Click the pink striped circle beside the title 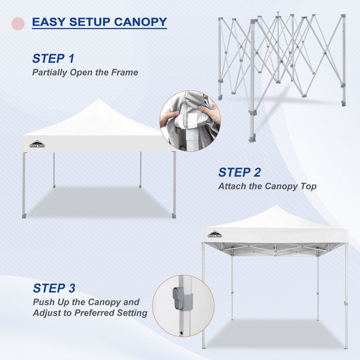[18, 23]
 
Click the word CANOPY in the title [140, 22]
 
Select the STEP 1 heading [53, 58]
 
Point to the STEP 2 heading [240, 172]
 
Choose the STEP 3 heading [54, 288]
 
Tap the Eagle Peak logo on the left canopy [37, 144]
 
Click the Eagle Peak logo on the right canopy [215, 234]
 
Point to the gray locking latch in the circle [179, 298]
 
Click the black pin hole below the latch [181, 333]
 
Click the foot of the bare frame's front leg [252, 139]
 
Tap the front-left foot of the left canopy [24, 216]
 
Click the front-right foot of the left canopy [174, 216]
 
